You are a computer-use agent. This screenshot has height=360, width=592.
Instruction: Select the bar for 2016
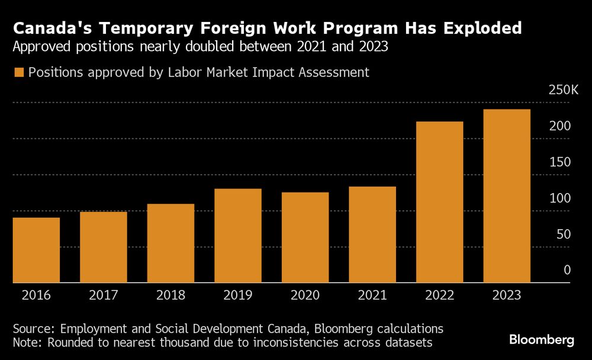(36, 250)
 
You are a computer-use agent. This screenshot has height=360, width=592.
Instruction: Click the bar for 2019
(238, 236)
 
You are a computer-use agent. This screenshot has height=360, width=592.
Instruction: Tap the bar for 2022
(439, 202)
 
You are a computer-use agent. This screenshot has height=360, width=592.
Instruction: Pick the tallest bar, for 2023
(507, 196)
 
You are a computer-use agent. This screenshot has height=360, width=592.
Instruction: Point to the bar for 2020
(305, 237)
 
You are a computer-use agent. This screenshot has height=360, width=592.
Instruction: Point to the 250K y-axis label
(563, 90)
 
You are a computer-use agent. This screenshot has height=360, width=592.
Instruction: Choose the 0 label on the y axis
(567, 271)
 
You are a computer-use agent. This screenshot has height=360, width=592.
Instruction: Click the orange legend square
(18, 72)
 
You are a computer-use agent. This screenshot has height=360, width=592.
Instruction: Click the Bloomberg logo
(542, 340)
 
